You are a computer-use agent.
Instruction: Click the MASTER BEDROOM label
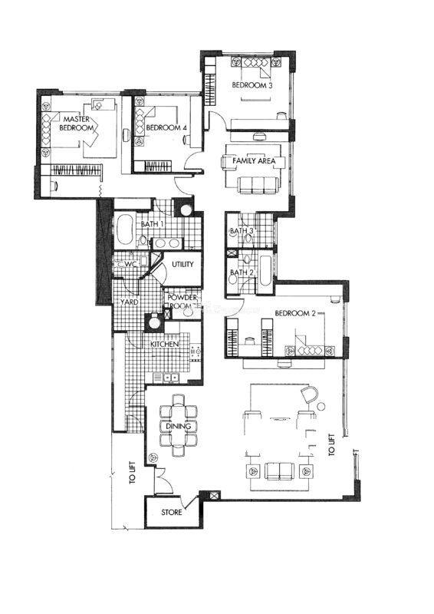tap(77, 124)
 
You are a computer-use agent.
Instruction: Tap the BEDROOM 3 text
tap(252, 85)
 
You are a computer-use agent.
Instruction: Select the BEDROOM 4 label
tap(163, 127)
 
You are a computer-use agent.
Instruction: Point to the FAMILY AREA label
tap(254, 160)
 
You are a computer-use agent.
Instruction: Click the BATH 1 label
tap(153, 224)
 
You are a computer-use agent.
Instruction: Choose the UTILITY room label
tap(182, 264)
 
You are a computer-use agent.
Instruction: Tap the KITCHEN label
tap(165, 344)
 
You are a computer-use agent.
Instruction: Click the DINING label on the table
tap(179, 426)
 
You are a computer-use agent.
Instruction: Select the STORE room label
tap(172, 512)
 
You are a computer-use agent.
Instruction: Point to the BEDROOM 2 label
tap(295, 313)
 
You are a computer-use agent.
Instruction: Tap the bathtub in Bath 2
tap(265, 271)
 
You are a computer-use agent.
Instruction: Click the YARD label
tap(129, 302)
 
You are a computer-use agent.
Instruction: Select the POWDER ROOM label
tap(182, 302)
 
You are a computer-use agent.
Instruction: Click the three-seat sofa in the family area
tap(258, 185)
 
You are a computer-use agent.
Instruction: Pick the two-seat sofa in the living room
tap(279, 471)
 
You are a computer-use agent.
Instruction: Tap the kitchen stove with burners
tap(196, 352)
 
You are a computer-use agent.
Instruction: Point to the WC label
tap(130, 265)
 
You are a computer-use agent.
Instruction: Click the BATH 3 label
tap(242, 231)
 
